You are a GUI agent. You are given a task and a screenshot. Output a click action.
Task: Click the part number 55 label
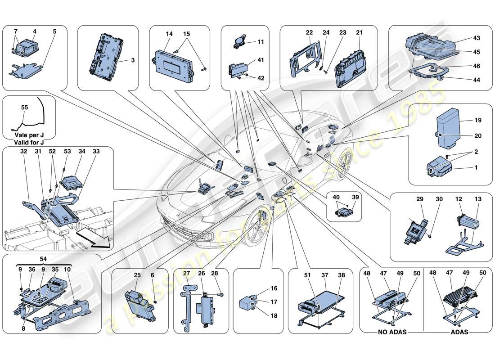coord(24,108)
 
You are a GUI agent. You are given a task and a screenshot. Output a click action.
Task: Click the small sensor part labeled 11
coord(239,43)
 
